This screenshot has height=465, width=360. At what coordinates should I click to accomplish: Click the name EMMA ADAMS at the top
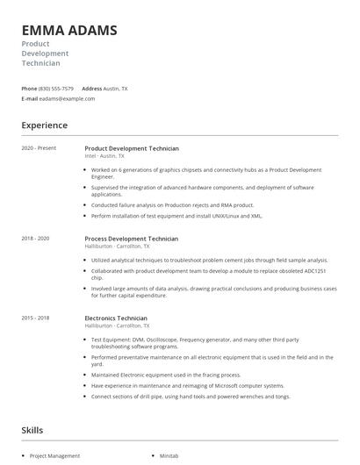69,31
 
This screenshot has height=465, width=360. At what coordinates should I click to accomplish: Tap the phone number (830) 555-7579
56,89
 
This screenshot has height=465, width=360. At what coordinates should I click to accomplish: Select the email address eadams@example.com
67,99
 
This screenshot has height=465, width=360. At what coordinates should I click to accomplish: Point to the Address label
91,89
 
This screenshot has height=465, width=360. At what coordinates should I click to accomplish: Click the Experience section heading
44,125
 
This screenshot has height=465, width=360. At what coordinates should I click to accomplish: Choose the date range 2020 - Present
39,148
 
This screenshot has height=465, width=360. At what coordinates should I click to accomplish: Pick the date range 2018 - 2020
35,238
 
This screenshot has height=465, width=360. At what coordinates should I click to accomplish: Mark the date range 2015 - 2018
35,318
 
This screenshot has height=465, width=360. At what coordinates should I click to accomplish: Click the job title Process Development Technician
131,239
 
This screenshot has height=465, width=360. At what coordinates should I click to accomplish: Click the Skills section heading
32,430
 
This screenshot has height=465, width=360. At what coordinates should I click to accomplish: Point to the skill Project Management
54,456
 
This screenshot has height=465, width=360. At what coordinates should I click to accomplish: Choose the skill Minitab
169,456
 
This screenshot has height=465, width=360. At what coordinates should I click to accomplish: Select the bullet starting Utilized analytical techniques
209,261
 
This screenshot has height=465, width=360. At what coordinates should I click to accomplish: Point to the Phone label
29,89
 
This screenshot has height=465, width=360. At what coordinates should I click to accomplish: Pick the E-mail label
30,99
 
